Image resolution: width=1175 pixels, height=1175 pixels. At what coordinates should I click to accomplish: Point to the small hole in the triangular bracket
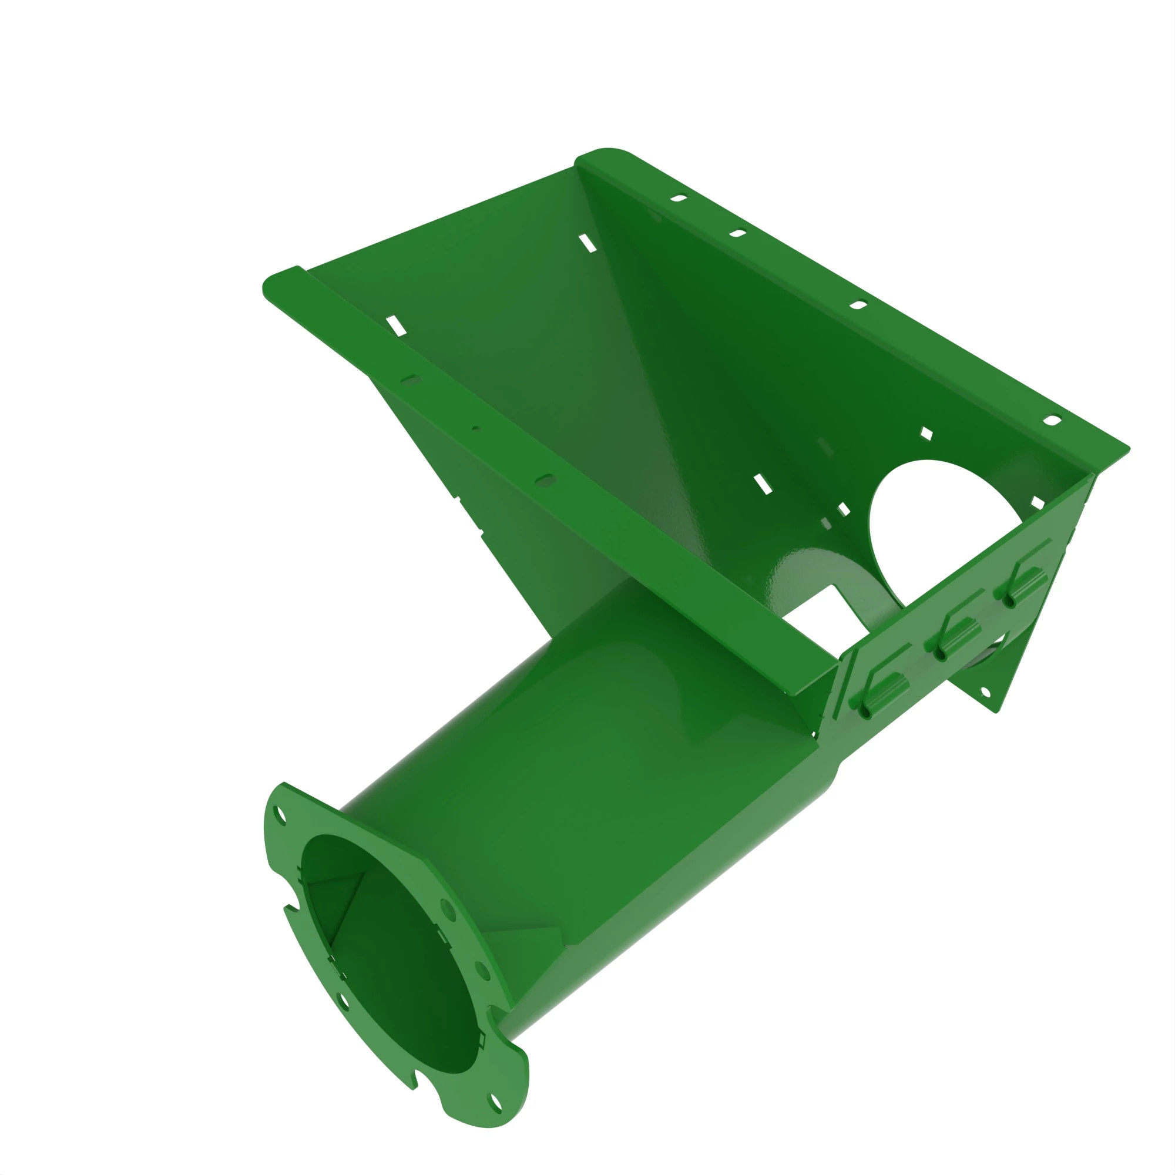pos(986,693)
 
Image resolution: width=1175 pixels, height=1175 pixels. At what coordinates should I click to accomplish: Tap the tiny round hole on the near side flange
pos(476,429)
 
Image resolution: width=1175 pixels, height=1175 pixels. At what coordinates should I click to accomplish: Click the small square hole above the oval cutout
pos(926,434)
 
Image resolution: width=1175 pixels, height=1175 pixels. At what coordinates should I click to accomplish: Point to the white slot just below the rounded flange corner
pos(587,243)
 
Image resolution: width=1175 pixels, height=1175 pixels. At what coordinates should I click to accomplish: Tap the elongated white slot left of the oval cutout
pos(763,485)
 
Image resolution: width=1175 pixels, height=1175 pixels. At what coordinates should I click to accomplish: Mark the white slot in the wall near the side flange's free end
pos(396,325)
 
